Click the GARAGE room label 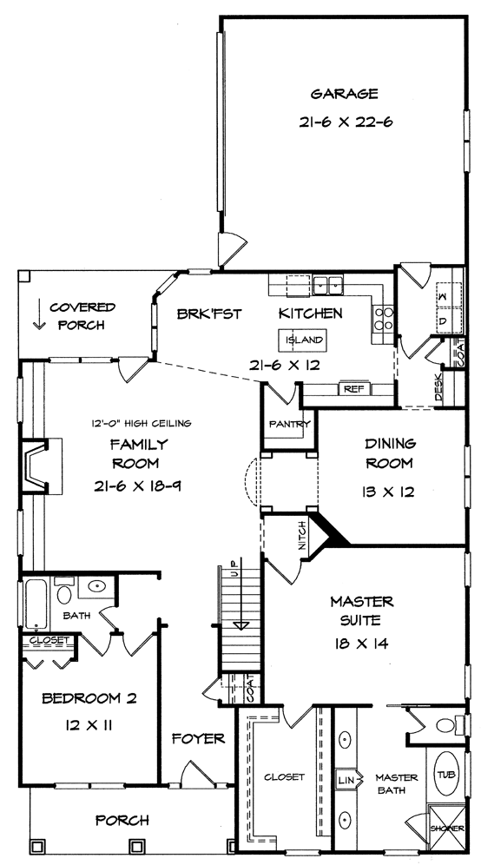tap(344, 94)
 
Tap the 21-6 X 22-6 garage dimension tap(346, 122)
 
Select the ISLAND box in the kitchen tap(305, 340)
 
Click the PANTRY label tap(290, 424)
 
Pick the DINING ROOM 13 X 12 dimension tap(390, 491)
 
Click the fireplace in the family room tap(42, 466)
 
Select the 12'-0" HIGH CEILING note tap(142, 424)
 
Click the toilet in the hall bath tap(64, 591)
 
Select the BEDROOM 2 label tap(89, 698)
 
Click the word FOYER tap(198, 739)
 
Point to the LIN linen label tap(344, 780)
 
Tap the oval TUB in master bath tap(446, 774)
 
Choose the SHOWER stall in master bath tap(447, 828)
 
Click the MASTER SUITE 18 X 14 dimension tap(361, 644)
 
